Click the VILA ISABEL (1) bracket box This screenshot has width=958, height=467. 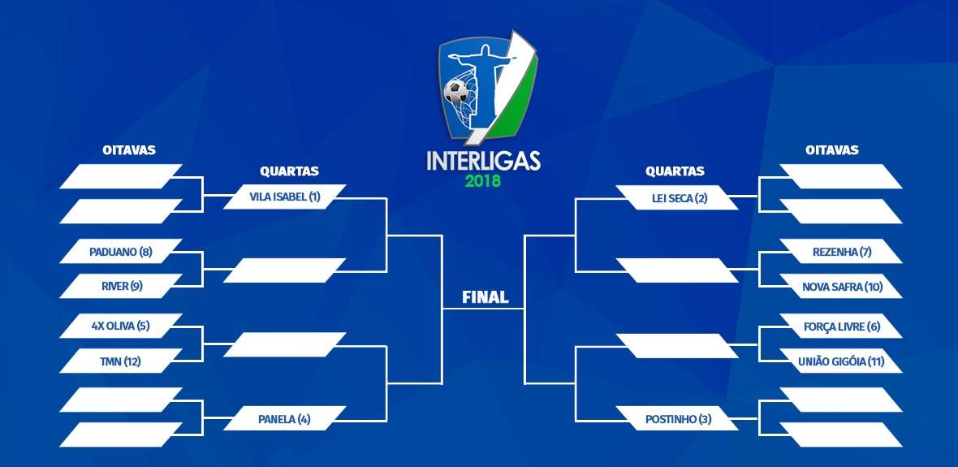285,197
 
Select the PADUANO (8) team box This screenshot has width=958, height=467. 121,251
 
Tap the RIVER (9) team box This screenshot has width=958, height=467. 121,286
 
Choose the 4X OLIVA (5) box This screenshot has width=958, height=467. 121,326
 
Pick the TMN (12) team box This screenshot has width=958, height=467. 121,361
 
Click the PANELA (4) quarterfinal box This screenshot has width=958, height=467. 285,419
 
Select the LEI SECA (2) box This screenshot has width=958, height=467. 677,197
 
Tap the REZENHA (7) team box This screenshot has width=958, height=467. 841,251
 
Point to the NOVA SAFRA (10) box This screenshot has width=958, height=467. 841,286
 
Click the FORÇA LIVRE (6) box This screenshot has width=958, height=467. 841,326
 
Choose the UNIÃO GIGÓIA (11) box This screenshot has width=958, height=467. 841,361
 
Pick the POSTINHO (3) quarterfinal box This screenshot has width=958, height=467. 677,419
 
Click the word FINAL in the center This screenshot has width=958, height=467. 485,298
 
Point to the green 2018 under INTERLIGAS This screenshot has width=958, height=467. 483,182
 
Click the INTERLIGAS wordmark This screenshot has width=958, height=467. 483,161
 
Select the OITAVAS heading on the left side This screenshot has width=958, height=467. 129,150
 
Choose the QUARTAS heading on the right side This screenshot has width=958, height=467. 675,171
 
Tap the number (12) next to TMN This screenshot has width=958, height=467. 132,362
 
